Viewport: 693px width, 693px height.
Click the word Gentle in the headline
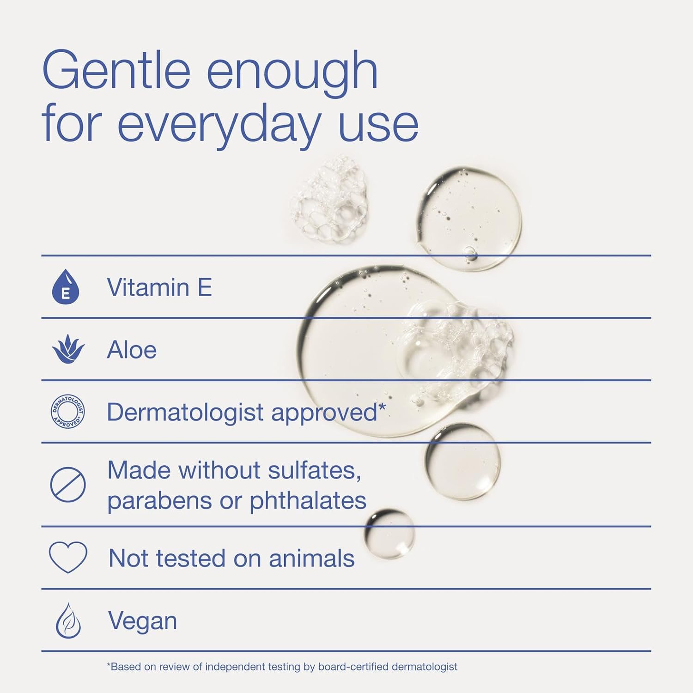[116, 71]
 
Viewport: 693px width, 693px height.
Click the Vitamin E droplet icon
[66, 287]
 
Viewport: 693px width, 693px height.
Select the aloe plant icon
[68, 349]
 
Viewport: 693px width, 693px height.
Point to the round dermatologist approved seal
[68, 411]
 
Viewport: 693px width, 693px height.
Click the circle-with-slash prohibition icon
[68, 484]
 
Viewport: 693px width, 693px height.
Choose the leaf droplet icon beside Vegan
[68, 620]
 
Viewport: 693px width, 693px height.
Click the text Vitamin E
[159, 287]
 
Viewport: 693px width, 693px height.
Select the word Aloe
[132, 350]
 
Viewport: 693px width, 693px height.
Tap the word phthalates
[308, 500]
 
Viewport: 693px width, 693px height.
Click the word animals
[311, 558]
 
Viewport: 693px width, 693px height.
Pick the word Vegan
[142, 621]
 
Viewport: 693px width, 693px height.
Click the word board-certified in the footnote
[353, 667]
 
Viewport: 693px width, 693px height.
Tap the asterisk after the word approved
[382, 407]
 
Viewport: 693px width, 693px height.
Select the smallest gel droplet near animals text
[389, 534]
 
